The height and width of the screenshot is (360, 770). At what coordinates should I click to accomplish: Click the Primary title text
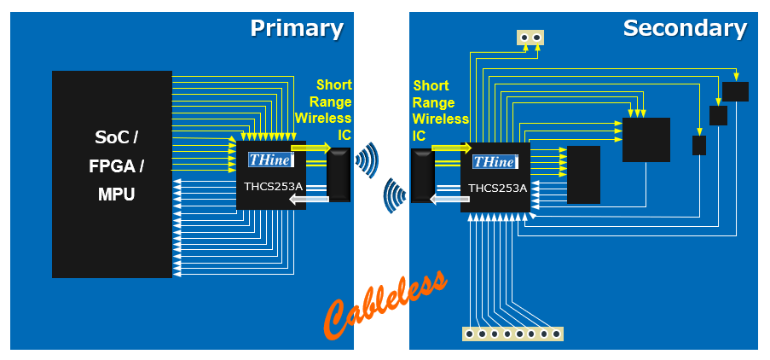pos(296,28)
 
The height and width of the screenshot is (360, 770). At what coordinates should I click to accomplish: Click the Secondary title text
pos(684,28)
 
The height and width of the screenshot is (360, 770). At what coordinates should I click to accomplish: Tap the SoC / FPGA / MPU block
pos(112,174)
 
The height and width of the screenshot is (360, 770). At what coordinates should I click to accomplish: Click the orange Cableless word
pos(385,305)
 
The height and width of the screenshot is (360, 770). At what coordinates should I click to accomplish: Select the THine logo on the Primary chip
pos(270,160)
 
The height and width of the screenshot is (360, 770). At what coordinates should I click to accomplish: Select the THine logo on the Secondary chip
pos(494,162)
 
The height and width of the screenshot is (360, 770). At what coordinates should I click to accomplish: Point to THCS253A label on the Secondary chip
pos(496,189)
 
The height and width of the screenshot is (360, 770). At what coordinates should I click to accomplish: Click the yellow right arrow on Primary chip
pos(310,148)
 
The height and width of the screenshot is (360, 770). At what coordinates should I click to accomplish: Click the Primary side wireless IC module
pos(339,175)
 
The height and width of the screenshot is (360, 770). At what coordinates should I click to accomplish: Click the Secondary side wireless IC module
pos(423,176)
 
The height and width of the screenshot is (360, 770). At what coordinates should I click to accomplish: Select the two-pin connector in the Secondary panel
pos(530,37)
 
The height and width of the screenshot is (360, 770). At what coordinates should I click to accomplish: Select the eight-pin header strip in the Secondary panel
pos(512,334)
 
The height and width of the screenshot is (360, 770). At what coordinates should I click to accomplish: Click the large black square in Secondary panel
pos(646,140)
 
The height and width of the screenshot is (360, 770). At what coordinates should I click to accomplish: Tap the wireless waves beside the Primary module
pos(367,159)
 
